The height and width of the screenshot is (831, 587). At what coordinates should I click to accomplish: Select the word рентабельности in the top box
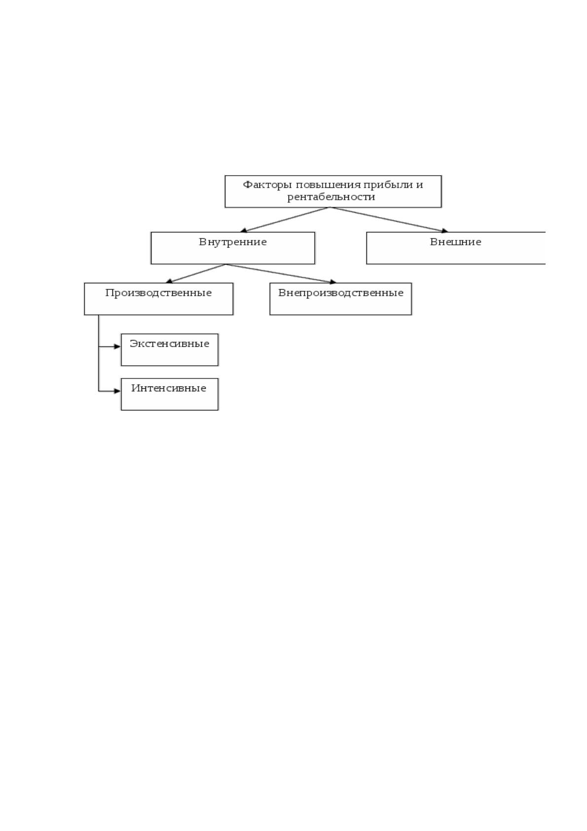pos(331,196)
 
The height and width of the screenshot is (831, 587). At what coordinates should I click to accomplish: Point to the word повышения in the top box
pos(328,185)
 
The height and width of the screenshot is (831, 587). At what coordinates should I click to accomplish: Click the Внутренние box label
pos(233,242)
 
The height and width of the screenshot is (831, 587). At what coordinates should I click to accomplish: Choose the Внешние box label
pos(456,242)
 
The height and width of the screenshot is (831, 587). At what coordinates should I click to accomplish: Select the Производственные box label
pos(158,293)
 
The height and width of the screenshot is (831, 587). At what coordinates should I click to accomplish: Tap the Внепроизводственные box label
pos(341,293)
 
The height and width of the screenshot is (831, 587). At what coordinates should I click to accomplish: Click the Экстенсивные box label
pos(170,343)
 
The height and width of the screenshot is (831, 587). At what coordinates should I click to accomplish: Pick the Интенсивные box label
pos(169,388)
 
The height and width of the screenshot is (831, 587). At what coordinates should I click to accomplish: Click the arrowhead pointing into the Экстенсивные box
pos(117,346)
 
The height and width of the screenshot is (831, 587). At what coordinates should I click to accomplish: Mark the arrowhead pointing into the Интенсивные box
pos(117,391)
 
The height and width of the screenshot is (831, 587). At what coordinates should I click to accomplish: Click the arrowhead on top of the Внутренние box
pos(244,230)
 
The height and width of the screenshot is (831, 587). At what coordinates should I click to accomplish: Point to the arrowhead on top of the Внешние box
pos(444,231)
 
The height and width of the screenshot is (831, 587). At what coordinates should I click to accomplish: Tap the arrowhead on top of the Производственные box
pos(169,281)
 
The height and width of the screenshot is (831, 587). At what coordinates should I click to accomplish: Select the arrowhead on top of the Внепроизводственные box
pos(332,282)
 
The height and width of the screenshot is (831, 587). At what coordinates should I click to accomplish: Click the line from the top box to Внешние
pos(389,220)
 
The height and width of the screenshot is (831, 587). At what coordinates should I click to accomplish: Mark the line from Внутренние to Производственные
pos(196,273)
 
